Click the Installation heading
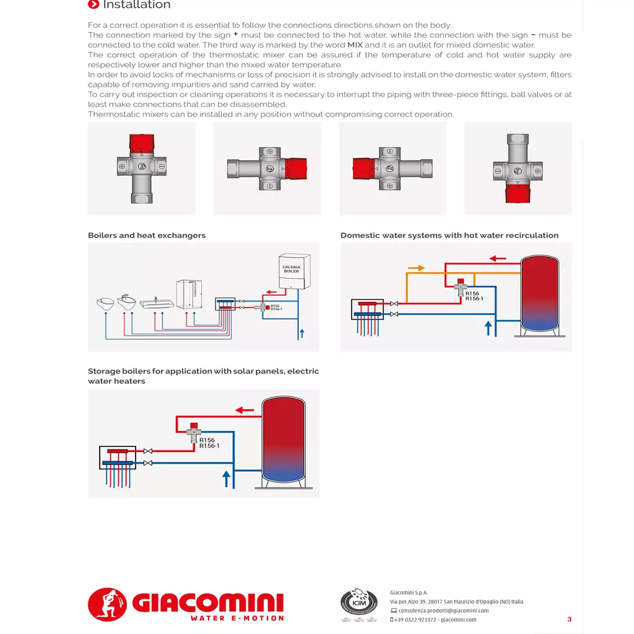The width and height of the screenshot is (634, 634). [x=136, y=5]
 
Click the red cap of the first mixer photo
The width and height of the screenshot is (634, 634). [x=142, y=143]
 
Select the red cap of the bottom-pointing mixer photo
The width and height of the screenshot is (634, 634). [x=518, y=194]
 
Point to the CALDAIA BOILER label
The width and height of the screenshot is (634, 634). [x=291, y=269]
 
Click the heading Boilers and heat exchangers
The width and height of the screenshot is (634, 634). [x=147, y=235]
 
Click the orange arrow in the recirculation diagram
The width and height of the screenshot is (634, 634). [x=417, y=268]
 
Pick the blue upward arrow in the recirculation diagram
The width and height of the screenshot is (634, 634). [x=489, y=328]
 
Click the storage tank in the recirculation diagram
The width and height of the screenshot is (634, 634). [x=540, y=293]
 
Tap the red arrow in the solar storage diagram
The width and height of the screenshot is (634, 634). [x=245, y=409]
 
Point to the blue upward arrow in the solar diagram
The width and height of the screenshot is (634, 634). [x=227, y=478]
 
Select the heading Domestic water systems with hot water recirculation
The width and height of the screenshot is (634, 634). [x=449, y=235]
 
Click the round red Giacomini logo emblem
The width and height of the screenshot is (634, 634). [x=107, y=604]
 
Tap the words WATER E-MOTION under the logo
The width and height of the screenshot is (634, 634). [x=237, y=618]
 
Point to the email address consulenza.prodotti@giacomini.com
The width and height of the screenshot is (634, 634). [x=443, y=610]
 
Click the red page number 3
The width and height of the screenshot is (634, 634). [x=570, y=619]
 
